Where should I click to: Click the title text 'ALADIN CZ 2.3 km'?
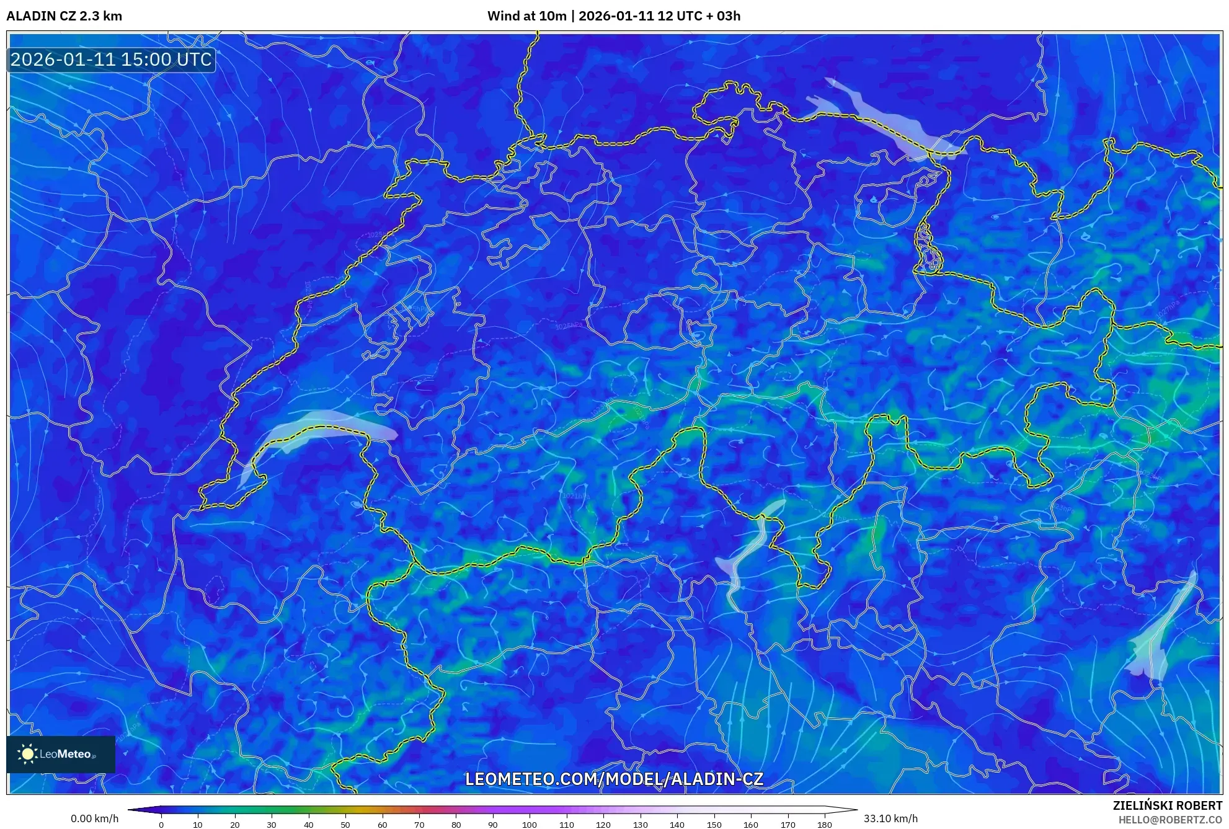click(64, 16)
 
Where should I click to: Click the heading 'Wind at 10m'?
click(526, 16)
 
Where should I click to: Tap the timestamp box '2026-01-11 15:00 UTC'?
click(111, 60)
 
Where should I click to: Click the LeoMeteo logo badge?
click(61, 754)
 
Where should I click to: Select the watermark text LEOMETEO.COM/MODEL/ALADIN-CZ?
click(614, 779)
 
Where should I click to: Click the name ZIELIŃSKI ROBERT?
click(1167, 805)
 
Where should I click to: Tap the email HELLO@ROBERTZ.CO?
click(1169, 820)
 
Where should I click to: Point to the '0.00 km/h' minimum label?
click(94, 818)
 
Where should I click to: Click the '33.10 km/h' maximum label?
click(890, 818)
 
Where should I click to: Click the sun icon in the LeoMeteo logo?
click(27, 754)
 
